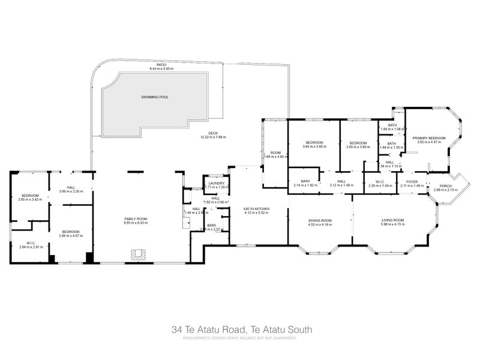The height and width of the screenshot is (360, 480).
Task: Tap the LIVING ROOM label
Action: (x=392, y=220)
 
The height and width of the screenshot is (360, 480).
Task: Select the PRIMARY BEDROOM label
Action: (x=429, y=138)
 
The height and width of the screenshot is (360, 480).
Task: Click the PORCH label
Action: (x=445, y=185)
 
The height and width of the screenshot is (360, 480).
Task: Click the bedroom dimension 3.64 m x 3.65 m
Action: (x=314, y=146)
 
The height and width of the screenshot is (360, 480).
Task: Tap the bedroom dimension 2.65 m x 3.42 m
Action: (x=30, y=200)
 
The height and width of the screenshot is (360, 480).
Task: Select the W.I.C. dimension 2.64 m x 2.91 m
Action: (x=31, y=247)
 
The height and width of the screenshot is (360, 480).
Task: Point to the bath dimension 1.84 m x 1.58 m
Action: (x=392, y=129)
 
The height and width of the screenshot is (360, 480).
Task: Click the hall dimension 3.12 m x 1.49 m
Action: (x=341, y=185)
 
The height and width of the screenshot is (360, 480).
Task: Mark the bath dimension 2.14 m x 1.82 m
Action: (x=305, y=185)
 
